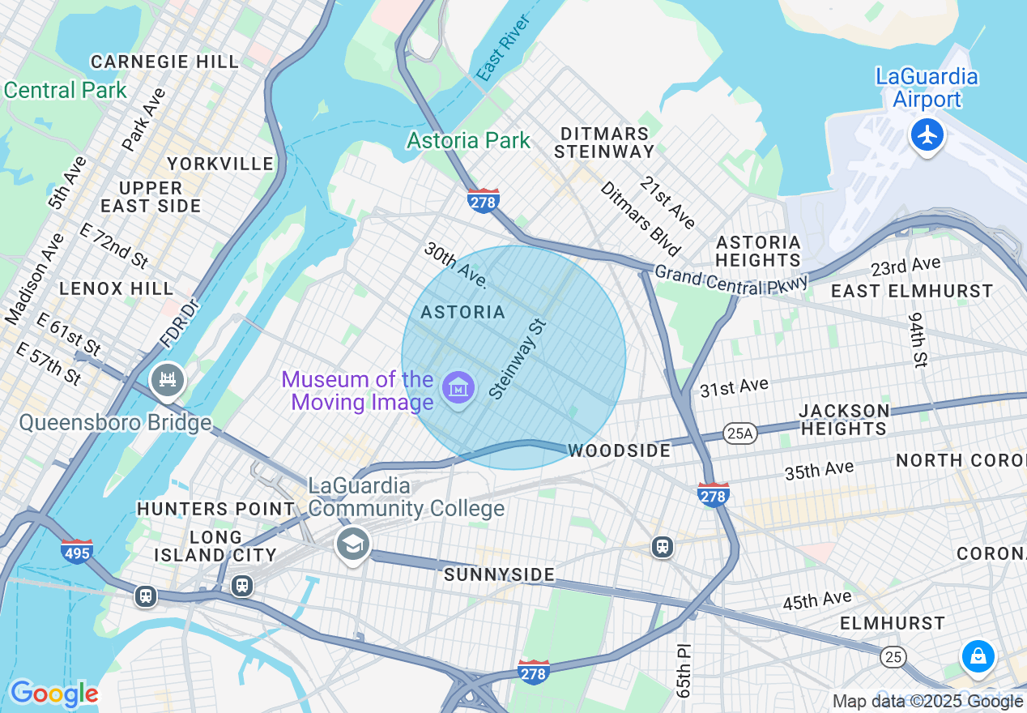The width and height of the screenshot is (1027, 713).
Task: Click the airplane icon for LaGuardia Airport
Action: point(927,134)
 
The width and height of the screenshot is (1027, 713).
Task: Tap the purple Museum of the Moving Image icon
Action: point(458,390)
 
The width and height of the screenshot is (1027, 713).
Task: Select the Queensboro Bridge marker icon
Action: point(168,380)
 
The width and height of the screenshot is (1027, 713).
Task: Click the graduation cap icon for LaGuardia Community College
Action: point(353,544)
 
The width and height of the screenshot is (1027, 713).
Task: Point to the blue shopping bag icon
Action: point(978,655)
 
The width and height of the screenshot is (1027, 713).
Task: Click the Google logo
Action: point(53,694)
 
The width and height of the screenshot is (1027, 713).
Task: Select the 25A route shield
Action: point(739,433)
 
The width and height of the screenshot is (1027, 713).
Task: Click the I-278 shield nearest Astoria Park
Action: point(483,200)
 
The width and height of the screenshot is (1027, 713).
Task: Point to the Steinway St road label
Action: point(518,359)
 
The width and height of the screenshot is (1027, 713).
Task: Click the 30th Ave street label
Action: point(455,265)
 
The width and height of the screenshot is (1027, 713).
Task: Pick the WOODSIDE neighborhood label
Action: point(620,450)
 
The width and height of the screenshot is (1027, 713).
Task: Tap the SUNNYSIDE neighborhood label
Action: point(499,574)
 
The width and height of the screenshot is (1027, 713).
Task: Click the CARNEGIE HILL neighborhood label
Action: point(164,62)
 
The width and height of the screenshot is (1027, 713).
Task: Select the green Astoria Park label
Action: point(468,140)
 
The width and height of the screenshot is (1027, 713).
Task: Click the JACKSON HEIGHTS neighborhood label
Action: point(844,420)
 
